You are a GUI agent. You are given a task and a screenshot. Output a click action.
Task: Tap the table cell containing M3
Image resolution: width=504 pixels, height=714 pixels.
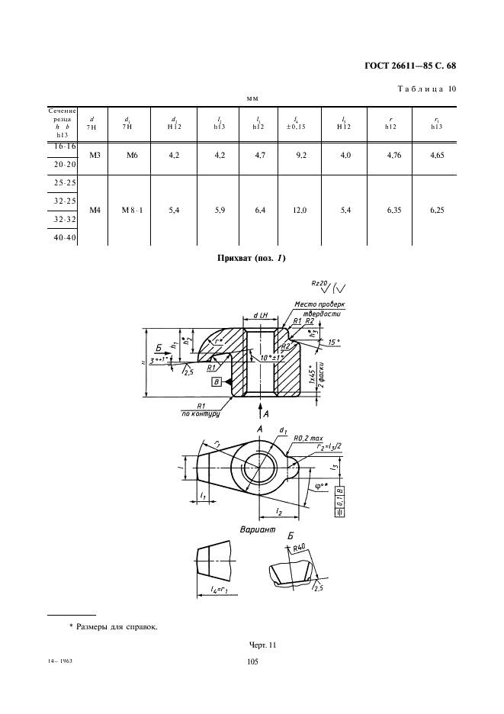pos(95,155)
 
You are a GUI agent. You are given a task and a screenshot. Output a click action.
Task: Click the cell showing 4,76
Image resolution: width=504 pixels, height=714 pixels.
pos(392,156)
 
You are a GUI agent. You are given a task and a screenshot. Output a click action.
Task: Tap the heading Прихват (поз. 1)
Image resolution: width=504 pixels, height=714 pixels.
pos(252,259)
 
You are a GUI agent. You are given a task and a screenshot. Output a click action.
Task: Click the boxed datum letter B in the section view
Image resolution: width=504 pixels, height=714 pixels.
pos(217,381)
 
